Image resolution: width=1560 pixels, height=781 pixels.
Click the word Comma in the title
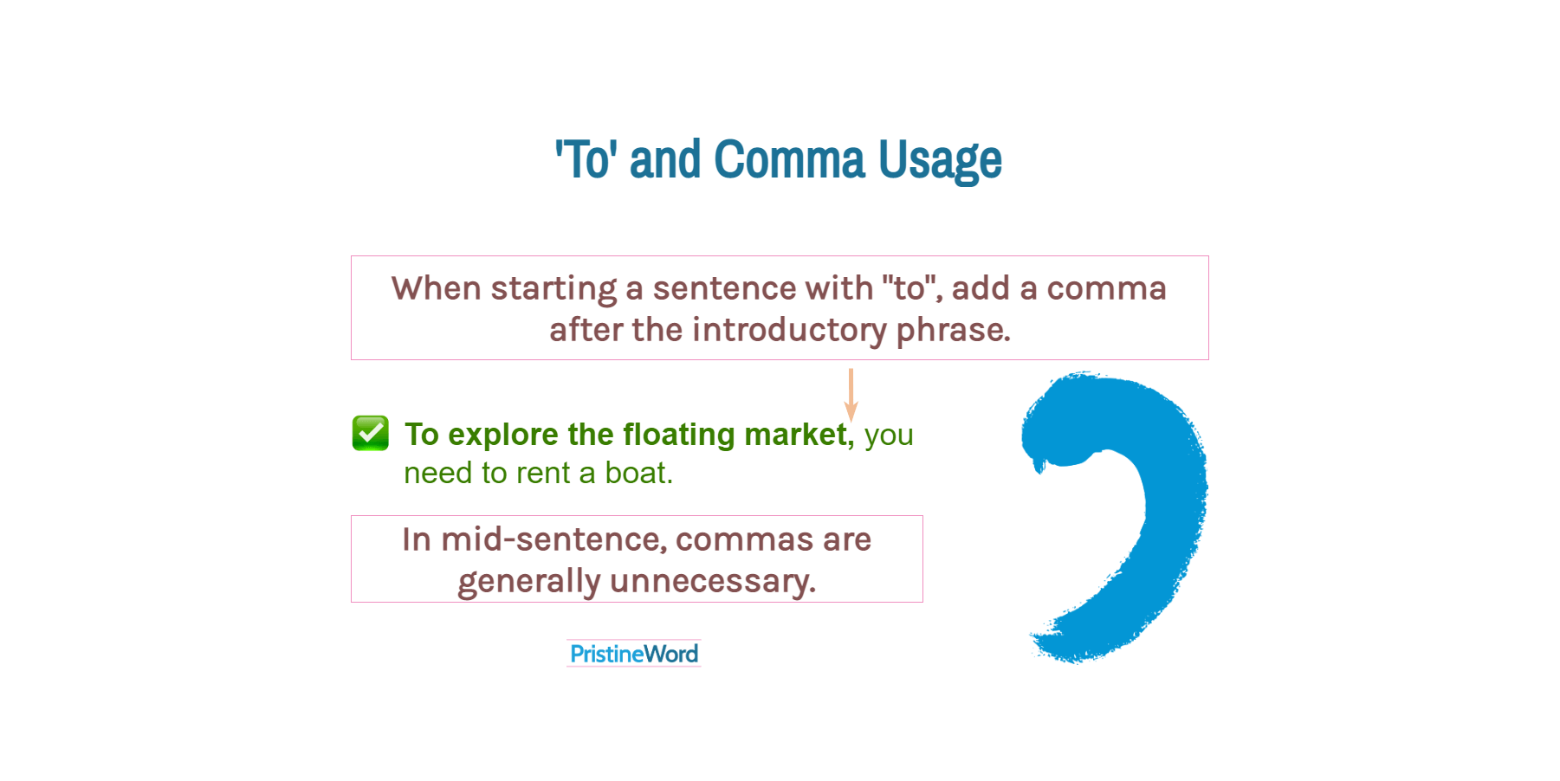coord(789,160)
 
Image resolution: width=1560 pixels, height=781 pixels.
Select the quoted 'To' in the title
coord(586,160)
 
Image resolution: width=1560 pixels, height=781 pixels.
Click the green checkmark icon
coord(371,433)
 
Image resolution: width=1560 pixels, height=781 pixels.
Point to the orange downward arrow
coord(851,395)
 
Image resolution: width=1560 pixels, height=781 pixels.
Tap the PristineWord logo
coord(634,654)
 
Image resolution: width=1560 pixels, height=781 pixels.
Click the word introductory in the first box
coord(789,330)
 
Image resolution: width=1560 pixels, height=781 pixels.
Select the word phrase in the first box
coord(953,330)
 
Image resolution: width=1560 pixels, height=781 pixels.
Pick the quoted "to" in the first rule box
coord(911,288)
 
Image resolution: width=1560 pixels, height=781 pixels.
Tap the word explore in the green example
coord(502,435)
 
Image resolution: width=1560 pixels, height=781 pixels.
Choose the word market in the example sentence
coord(798,435)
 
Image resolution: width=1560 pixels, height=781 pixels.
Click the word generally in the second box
coord(528,582)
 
